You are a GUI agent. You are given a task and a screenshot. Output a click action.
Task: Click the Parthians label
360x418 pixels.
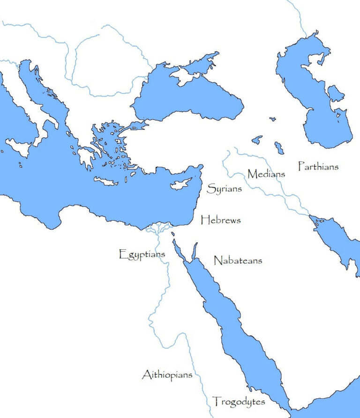318,166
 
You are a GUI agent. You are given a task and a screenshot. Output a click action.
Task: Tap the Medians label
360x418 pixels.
266,174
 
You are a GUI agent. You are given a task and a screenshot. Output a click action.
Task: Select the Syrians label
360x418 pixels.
225,189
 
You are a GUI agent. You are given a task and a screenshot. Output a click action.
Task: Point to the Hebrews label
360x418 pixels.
220,220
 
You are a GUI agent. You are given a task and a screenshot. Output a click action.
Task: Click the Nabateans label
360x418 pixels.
238,260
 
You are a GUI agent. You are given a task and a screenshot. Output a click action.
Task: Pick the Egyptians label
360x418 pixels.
142,255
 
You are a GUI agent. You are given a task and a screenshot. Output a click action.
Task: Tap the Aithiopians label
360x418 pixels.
167,375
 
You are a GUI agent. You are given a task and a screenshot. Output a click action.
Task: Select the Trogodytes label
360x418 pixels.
239,402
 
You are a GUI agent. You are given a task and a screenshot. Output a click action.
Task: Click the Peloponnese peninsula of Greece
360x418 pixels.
86,157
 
